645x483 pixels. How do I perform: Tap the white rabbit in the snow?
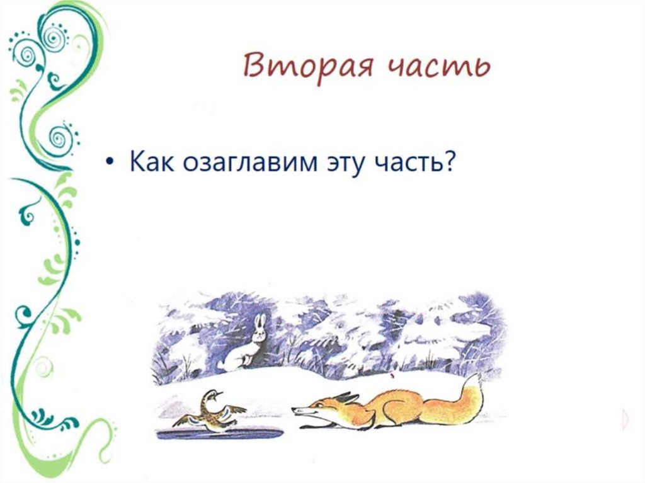click(x=243, y=349)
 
